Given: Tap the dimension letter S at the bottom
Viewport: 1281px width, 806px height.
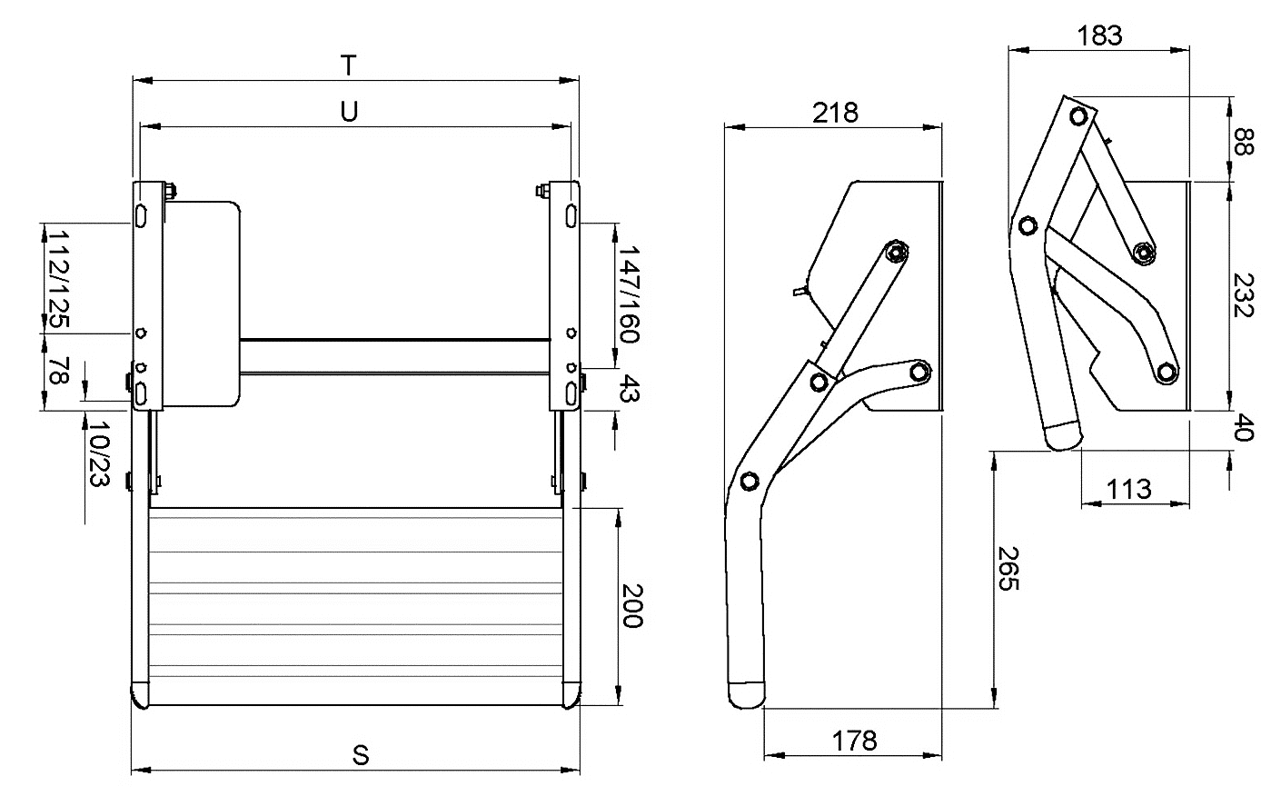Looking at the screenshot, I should [361, 755].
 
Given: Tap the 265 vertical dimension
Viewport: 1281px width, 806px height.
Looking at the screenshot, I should [1009, 569].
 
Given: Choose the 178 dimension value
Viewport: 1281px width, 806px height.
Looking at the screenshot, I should [855, 741].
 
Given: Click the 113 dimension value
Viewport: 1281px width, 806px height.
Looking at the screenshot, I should [1128, 489].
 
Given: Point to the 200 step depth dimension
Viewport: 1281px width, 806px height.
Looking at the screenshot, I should [631, 605].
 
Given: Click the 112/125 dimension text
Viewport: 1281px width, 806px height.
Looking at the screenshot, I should [57, 278].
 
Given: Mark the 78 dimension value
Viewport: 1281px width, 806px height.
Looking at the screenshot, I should [57, 372].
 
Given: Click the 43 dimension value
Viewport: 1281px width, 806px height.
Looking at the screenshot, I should [629, 391].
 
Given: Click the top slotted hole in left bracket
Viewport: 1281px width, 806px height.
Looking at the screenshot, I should [143, 216].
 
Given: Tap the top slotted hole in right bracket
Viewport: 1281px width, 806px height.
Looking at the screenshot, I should [569, 216].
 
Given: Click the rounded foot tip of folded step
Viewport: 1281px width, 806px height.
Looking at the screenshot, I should [1063, 437].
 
